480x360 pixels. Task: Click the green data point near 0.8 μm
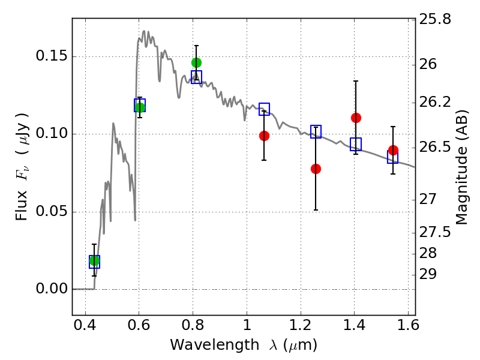point(197,63)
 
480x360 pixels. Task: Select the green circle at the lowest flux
point(94,261)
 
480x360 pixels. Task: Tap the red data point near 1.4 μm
point(356,118)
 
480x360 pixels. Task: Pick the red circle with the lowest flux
point(316,169)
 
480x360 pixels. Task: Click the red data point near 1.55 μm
point(393,151)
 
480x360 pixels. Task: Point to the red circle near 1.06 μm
point(264,136)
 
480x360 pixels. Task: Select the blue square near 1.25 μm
point(316,131)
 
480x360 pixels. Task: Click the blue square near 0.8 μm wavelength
point(197,77)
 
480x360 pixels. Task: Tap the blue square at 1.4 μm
point(356,144)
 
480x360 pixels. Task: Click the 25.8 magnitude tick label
point(435,19)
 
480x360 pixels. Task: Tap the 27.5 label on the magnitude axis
point(435,232)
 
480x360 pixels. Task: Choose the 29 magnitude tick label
point(428,274)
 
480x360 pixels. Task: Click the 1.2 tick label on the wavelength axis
point(301,325)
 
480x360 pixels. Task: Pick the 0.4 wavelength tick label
point(85,325)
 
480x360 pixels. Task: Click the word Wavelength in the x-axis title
point(215,345)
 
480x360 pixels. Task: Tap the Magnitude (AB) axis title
point(462,167)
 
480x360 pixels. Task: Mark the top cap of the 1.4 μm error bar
point(356,81)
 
